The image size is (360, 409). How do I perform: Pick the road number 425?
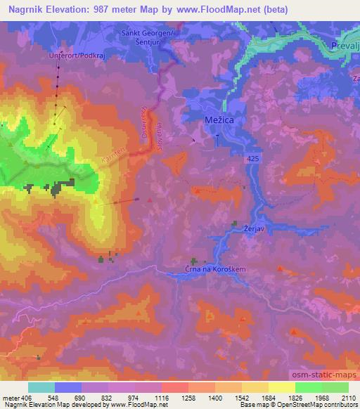click(253, 161)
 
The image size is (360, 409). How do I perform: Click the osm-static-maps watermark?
click(323, 378)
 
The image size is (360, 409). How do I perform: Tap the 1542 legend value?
click(255, 397)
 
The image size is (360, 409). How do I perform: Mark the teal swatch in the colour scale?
click(41, 387)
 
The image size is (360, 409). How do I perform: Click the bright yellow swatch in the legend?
click(282, 387)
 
